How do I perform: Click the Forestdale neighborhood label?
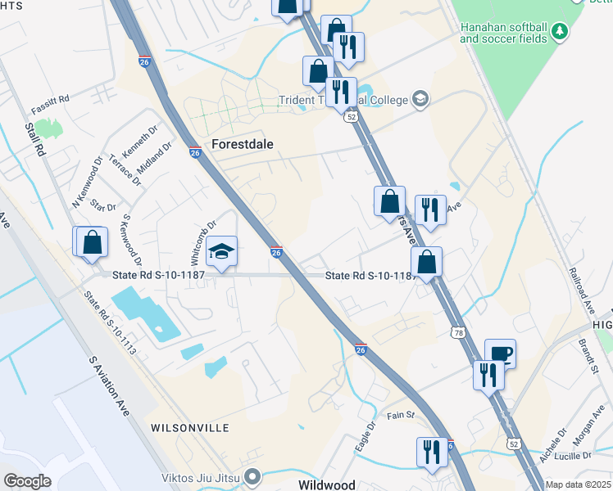pyautogui.click(x=242, y=143)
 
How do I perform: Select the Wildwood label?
pyautogui.click(x=326, y=484)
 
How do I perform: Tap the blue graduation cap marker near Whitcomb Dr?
pyautogui.click(x=221, y=252)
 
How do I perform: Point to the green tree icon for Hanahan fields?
pyautogui.click(x=560, y=31)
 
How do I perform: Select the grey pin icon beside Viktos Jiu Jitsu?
pyautogui.click(x=254, y=475)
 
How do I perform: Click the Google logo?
pyautogui.click(x=27, y=480)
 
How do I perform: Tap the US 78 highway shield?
pyautogui.click(x=456, y=331)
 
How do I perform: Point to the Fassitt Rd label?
pyautogui.click(x=50, y=104)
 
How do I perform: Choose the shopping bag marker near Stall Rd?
pyautogui.click(x=92, y=242)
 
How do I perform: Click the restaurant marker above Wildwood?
pyautogui.click(x=432, y=452)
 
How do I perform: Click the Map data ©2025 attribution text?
pyautogui.click(x=578, y=484)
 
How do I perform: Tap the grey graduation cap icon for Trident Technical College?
pyautogui.click(x=420, y=99)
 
